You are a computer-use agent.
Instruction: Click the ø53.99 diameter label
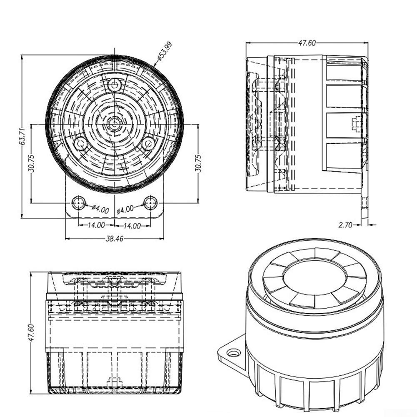coord(165,51)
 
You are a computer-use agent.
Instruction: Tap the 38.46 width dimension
coord(115,239)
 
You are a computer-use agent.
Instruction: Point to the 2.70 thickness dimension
coord(345,225)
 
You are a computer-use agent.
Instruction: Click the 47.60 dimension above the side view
coord(307,43)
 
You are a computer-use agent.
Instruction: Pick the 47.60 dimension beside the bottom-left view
coord(31,332)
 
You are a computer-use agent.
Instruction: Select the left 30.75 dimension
coord(31,163)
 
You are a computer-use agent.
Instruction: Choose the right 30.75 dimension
coord(198,163)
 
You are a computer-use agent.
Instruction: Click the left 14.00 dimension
coord(96,225)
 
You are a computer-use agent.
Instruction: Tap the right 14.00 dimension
coord(132,226)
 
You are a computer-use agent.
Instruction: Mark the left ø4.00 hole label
coord(100,209)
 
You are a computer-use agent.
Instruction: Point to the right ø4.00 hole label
coord(125,210)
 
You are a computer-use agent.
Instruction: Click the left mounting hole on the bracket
coord(79,203)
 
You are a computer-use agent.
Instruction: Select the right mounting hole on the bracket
coord(150,203)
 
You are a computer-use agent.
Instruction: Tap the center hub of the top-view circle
coord(115,123)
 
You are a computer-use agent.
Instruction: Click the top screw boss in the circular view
coord(115,85)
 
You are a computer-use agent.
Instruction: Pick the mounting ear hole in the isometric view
coord(233,353)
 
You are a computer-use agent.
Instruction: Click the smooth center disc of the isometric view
coord(315,277)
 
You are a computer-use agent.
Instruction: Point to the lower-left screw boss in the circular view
coord(80,144)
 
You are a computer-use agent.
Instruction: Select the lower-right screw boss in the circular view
coord(148,144)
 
